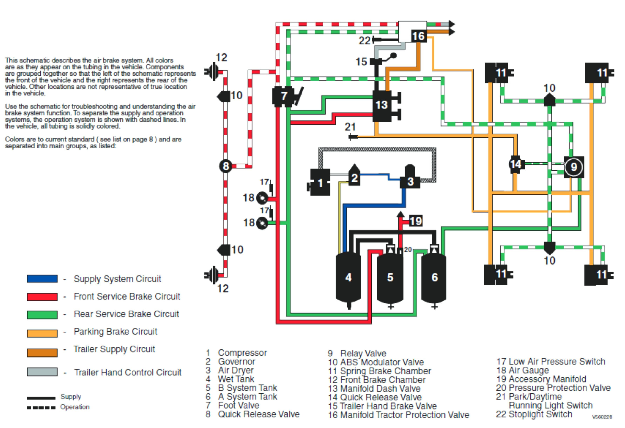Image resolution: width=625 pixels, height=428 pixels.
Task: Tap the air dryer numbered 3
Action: [410, 177]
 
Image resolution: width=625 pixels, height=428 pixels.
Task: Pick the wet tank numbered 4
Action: [348, 279]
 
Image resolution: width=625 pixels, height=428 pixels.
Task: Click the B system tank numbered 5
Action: [390, 279]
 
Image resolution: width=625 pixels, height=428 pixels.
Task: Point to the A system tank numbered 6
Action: [434, 279]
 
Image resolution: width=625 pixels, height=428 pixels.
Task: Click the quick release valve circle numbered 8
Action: [226, 166]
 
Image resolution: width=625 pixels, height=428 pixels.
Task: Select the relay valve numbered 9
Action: [574, 167]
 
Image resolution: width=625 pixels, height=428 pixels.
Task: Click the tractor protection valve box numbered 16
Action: [418, 36]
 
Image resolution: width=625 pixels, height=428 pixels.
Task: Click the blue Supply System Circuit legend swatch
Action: [42, 279]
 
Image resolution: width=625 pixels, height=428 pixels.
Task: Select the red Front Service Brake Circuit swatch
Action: [42, 297]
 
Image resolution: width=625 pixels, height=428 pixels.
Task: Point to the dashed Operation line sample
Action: [41, 408]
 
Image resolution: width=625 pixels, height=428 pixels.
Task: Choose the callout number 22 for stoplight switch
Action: [365, 41]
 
